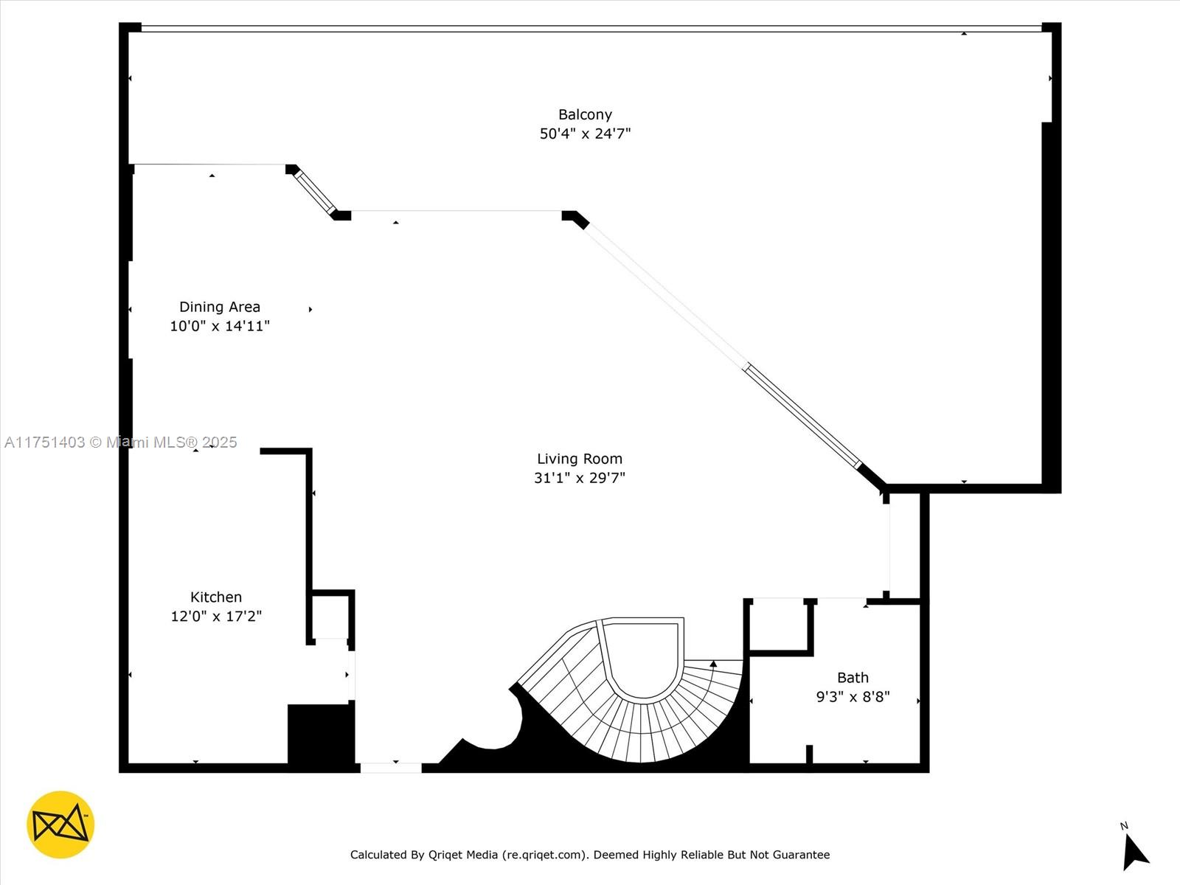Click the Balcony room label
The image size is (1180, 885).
[585, 114]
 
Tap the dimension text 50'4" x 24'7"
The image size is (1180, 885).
[585, 133]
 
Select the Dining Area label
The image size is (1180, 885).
[220, 307]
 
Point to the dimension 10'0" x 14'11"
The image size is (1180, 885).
[220, 326]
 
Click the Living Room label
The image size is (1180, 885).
[580, 459]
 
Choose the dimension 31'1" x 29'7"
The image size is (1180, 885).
[580, 478]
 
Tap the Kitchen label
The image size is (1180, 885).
[216, 597]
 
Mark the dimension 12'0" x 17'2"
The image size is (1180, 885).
[216, 617]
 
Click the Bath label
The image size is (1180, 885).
[853, 678]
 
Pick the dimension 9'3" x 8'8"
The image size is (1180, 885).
[853, 697]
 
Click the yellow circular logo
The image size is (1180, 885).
[60, 825]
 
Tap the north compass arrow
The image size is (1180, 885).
[1134, 851]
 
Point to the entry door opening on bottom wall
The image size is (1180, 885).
[391, 768]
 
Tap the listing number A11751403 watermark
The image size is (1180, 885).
[45, 442]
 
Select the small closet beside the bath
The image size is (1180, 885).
[780, 626]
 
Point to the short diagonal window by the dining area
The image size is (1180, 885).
[314, 190]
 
